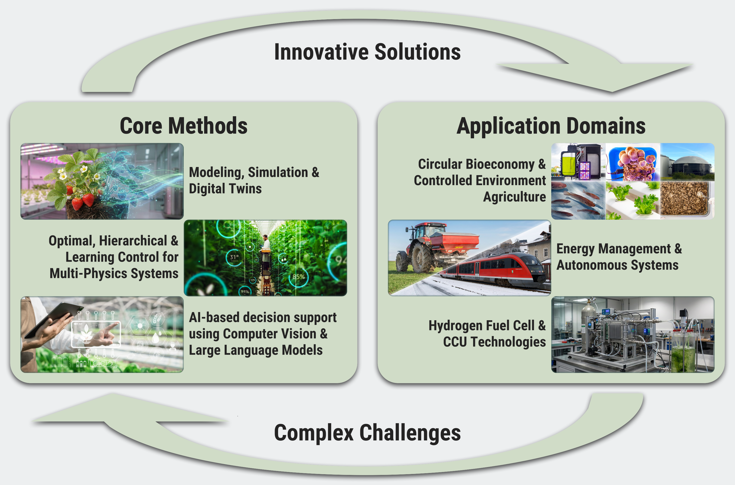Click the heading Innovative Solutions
coord(367,52)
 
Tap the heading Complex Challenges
coord(367,433)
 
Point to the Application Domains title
coord(551,126)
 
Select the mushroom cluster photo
coord(633,162)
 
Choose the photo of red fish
coord(578,200)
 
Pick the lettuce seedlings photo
coord(633,200)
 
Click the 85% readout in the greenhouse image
coord(299,276)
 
